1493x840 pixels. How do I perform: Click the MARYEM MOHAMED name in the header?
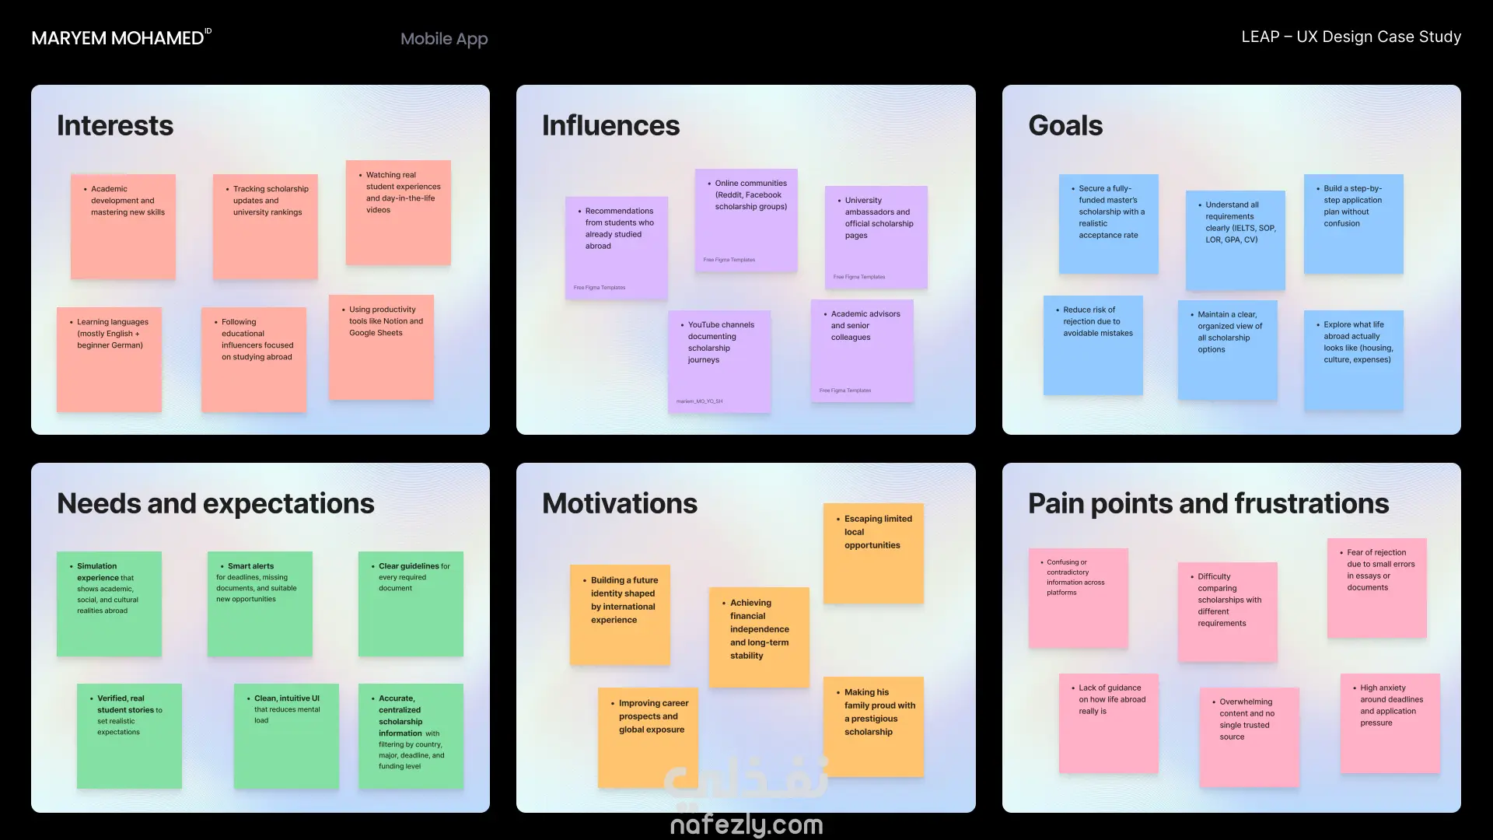[x=117, y=38]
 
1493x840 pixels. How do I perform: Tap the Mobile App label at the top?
[x=444, y=39]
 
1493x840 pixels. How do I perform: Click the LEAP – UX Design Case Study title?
[x=1351, y=37]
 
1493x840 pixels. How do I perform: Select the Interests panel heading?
[x=115, y=125]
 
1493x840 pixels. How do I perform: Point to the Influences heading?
[x=610, y=125]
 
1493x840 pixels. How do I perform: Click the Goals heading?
[x=1065, y=125]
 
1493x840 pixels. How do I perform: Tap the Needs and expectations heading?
[x=215, y=503]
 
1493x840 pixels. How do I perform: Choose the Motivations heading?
[x=620, y=503]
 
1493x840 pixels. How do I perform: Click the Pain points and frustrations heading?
[x=1208, y=503]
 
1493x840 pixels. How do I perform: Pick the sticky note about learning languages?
[x=109, y=359]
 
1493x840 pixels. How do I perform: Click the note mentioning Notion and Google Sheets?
[x=381, y=347]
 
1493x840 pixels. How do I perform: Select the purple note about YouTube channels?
[x=719, y=361]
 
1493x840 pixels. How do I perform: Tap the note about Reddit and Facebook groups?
[x=746, y=220]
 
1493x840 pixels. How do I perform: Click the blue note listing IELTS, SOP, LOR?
[x=1235, y=240]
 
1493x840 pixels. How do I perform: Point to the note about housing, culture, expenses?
[x=1353, y=360]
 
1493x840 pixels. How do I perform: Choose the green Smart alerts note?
[x=260, y=604]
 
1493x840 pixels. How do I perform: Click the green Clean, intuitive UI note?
[x=286, y=736]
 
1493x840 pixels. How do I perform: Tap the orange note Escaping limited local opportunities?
[x=873, y=553]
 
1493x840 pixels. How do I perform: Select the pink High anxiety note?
[x=1390, y=723]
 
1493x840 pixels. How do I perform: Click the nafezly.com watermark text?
[x=746, y=824]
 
